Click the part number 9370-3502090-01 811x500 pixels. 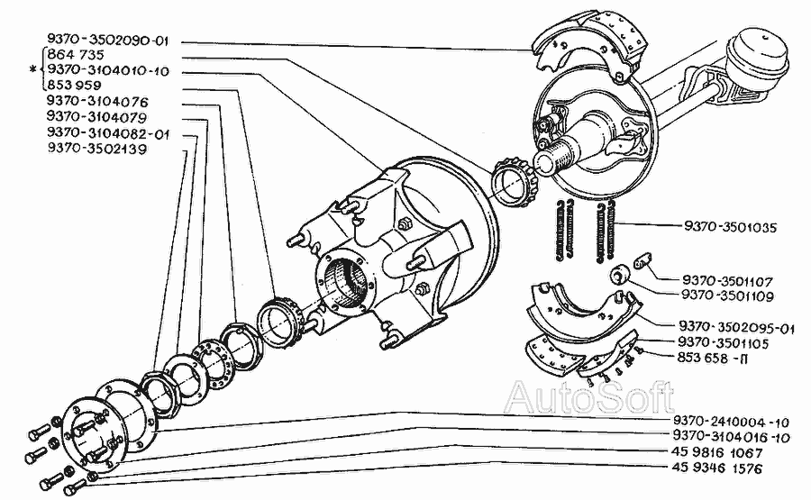click(107, 40)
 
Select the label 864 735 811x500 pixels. click(76, 54)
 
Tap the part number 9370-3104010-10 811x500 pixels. click(108, 69)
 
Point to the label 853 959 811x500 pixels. click(74, 85)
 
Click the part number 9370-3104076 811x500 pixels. click(97, 101)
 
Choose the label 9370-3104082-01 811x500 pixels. click(108, 133)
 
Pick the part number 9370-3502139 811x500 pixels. click(96, 149)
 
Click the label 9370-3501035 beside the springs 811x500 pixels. click(730, 227)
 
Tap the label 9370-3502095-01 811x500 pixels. click(736, 328)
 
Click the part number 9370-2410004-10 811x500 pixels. click(732, 422)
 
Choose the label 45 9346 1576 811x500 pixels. click(717, 468)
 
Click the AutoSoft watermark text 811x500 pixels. click(589, 397)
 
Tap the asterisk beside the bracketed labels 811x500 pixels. click(34, 69)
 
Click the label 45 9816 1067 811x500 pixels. click(717, 453)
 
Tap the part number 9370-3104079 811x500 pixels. click(96, 116)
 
